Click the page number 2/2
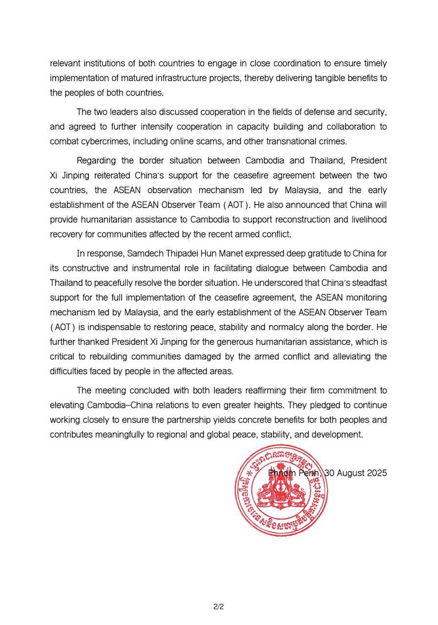[x=218, y=607]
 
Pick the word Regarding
[x=97, y=161]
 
